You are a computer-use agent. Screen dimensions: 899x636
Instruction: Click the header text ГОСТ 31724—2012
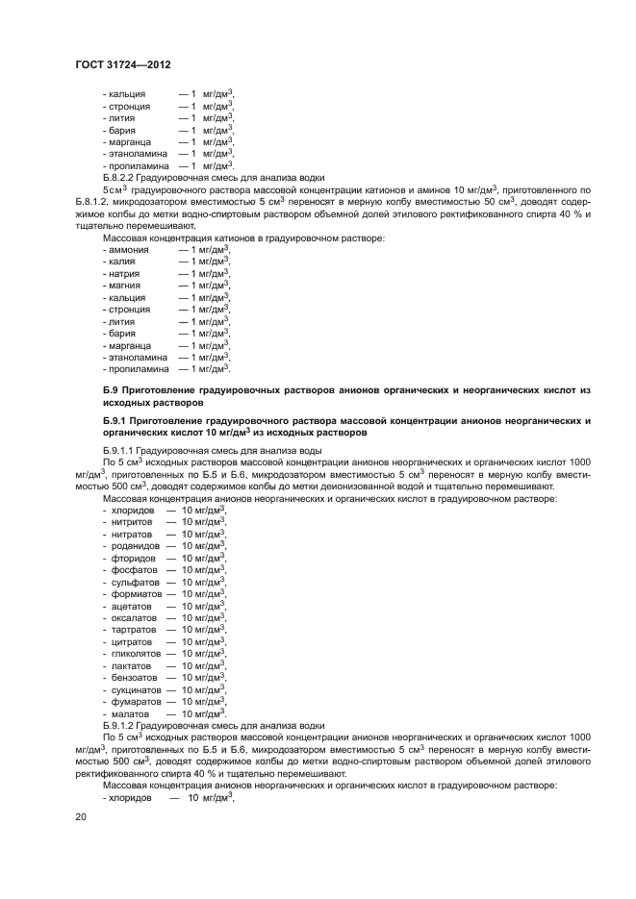pyautogui.click(x=122, y=63)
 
